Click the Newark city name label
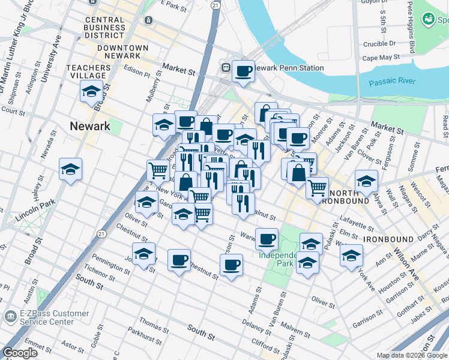tap(90, 126)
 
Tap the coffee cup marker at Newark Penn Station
tap(243, 71)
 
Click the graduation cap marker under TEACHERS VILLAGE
tap(91, 92)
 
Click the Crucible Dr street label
tap(379, 44)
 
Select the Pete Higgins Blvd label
tap(411, 26)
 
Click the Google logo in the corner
tap(20, 353)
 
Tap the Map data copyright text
tap(412, 355)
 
